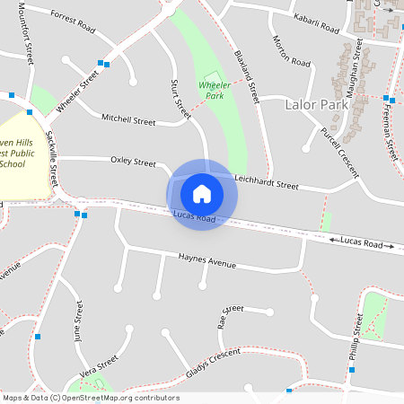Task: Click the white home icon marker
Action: (x=202, y=193)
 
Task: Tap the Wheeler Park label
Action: (x=214, y=90)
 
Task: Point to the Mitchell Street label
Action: (x=128, y=119)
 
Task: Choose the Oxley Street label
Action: (x=133, y=162)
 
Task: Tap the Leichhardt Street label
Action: (x=266, y=182)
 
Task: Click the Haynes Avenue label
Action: (x=206, y=261)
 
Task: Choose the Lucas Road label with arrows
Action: (x=362, y=243)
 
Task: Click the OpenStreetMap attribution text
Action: (x=91, y=398)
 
